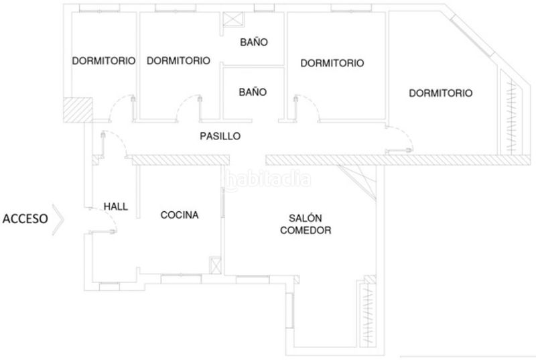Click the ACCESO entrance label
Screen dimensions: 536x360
click(x=25, y=219)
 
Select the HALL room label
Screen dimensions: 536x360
click(x=115, y=206)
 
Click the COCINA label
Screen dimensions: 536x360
click(x=180, y=215)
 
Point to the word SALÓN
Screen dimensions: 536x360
click(x=306, y=218)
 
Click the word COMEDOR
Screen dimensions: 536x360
click(x=306, y=230)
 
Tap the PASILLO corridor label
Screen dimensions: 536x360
click(x=220, y=136)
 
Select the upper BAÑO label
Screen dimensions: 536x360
click(x=254, y=42)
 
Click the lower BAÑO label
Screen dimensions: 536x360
click(x=253, y=92)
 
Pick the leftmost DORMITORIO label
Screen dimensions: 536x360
click(x=104, y=61)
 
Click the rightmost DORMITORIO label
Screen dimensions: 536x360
click(x=441, y=93)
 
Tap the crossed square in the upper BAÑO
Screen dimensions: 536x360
click(x=233, y=19)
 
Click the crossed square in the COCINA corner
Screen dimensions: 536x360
click(x=215, y=265)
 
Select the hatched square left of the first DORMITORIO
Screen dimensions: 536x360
click(x=78, y=110)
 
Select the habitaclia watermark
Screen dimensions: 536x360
click(x=267, y=180)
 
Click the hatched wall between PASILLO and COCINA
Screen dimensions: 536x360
click(x=180, y=160)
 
